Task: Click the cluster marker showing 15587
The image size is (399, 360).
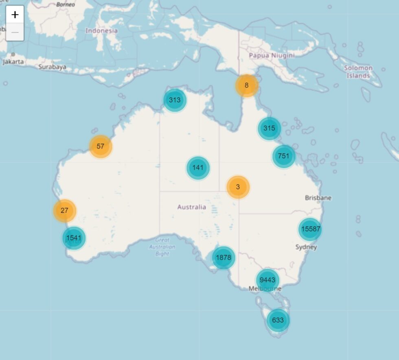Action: pos(310,229)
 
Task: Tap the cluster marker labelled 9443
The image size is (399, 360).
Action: pos(267,280)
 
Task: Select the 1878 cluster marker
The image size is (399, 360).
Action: pos(223,257)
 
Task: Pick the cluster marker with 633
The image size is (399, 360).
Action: pos(278,320)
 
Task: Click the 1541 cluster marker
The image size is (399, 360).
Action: pos(74,238)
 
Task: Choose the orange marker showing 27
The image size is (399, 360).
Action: pos(64,211)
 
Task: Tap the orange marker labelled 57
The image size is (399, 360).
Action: pos(100,146)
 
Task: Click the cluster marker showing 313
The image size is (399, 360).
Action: pos(175,100)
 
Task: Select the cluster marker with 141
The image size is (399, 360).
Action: pos(198,168)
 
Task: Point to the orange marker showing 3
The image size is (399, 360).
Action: pos(238,187)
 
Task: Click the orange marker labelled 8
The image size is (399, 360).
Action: pos(246,85)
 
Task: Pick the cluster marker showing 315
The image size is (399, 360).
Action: pos(269,128)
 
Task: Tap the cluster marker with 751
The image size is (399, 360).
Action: pos(283,156)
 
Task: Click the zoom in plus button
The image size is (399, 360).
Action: pos(15,15)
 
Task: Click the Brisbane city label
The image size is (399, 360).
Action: pos(318,198)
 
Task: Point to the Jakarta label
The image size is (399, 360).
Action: pos(13,62)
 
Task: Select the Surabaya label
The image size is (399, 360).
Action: pos(52,67)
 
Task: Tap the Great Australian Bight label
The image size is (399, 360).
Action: pos(162,247)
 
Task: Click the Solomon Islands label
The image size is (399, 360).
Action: pos(358,72)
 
